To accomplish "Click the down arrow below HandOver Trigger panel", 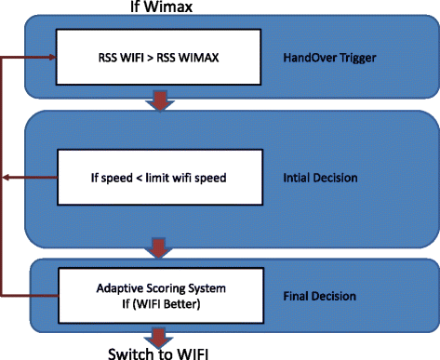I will (x=160, y=100).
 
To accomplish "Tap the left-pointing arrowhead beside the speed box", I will (x=7, y=176).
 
